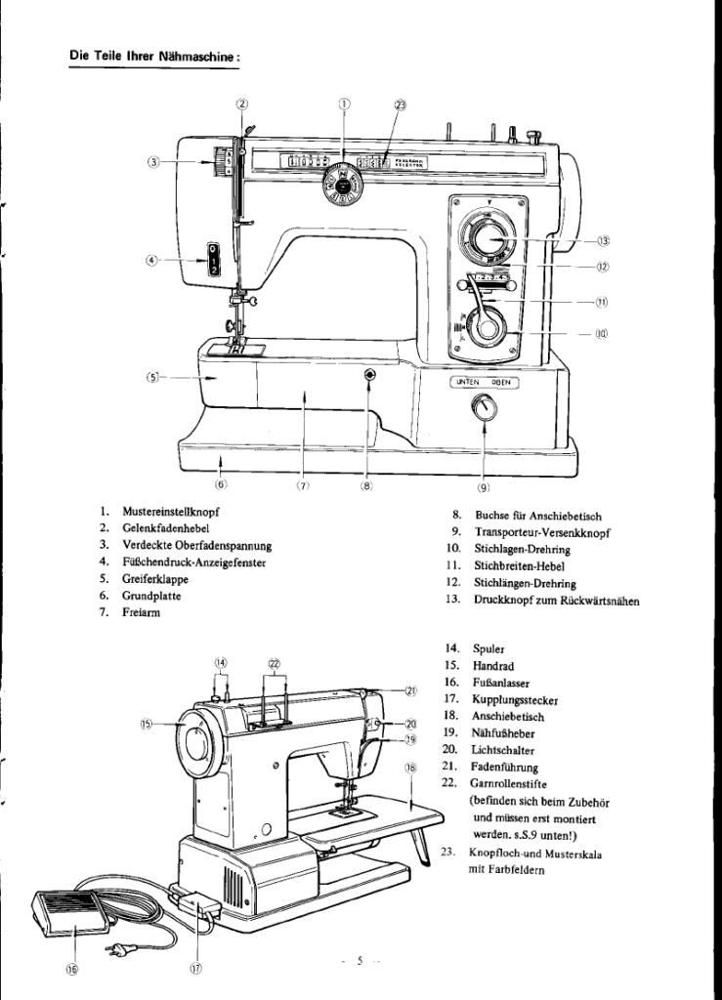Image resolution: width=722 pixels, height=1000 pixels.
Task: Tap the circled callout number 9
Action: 483,488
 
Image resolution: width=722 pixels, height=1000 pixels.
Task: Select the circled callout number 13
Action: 604,240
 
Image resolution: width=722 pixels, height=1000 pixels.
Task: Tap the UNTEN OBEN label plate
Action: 483,382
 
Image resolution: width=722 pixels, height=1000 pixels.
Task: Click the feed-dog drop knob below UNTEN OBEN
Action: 482,413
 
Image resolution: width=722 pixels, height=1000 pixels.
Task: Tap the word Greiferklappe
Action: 154,578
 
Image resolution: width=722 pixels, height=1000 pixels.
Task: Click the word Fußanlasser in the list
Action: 495,681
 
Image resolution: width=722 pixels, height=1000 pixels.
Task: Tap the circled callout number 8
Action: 366,487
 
